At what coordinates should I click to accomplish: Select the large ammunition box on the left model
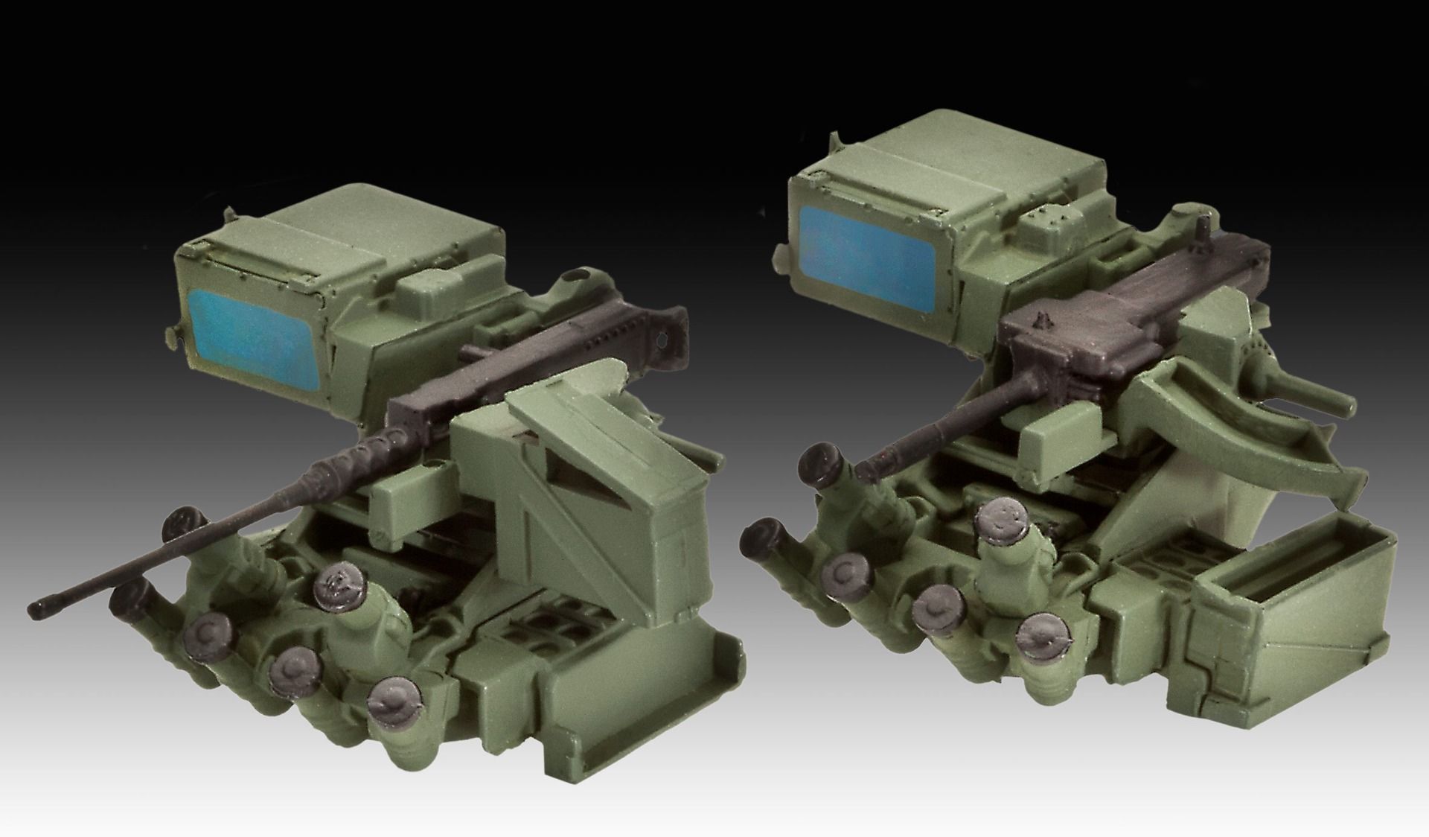(x=588, y=491)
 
